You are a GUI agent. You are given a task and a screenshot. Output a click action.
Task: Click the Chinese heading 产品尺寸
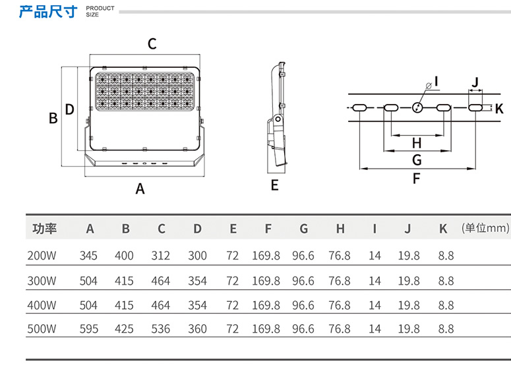(x=47, y=11)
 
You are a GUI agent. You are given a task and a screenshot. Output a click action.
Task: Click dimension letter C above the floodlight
(x=152, y=44)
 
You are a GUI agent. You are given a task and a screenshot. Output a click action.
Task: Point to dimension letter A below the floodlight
(x=140, y=189)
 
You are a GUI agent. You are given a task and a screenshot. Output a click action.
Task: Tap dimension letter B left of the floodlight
(x=53, y=119)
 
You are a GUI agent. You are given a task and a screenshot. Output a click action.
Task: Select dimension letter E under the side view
(x=275, y=185)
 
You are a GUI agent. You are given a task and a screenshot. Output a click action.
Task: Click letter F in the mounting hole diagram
(x=416, y=178)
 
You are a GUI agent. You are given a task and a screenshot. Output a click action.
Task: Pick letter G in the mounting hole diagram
(x=416, y=160)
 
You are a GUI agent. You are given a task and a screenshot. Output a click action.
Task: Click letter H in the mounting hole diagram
(x=416, y=143)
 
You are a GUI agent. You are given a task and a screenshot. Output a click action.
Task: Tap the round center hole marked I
(x=416, y=108)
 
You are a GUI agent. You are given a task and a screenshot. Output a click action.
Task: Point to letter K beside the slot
(x=498, y=109)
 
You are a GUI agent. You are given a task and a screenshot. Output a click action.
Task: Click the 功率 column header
(x=45, y=229)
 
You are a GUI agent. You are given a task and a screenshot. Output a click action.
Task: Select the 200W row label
(x=41, y=256)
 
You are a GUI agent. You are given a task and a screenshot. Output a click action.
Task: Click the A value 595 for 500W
(x=88, y=329)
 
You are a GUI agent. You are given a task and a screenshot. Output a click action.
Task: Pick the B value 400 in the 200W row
(x=124, y=256)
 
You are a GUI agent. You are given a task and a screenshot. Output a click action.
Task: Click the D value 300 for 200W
(x=197, y=256)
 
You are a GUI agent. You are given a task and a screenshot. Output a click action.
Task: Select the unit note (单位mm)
(x=486, y=229)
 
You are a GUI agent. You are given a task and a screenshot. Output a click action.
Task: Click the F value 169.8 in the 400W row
(x=266, y=305)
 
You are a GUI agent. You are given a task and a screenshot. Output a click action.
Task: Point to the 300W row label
(x=41, y=281)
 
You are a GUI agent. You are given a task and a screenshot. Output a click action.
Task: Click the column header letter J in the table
(x=408, y=229)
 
